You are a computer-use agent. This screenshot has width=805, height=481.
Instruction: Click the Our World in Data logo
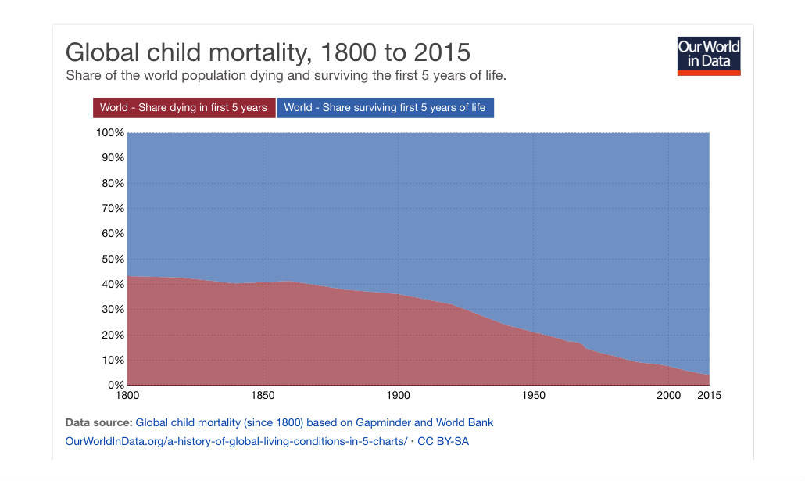pos(709,56)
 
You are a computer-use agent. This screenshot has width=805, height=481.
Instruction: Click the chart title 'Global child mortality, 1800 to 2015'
pos(268,52)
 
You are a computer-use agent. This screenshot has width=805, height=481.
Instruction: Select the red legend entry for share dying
pos(184,108)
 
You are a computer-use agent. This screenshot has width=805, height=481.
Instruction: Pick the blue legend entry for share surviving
pos(385,108)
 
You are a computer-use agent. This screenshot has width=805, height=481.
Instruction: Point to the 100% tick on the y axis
pos(109,133)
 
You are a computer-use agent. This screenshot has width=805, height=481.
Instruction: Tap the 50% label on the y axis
pos(113,259)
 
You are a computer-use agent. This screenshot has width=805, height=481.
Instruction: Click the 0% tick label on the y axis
pos(116,386)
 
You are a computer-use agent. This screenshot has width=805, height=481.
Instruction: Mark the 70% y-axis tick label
pos(113,209)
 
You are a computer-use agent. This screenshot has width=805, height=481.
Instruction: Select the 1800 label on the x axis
pos(127,396)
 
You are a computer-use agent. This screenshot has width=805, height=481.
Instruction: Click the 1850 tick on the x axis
pos(263,396)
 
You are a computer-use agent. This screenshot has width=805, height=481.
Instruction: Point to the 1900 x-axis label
pos(398,396)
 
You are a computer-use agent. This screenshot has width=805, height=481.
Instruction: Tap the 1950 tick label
pos(533,396)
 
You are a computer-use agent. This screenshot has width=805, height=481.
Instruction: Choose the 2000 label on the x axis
pos(668,396)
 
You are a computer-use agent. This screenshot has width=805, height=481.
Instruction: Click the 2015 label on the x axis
pos(709,396)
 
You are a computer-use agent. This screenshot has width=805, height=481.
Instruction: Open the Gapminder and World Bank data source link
pos(314,423)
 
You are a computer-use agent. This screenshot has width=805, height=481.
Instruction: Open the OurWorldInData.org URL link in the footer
pos(237,442)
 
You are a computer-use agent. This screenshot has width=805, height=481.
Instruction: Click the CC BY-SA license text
pos(443,442)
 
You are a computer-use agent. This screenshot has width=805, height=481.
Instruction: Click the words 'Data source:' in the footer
pos(98,423)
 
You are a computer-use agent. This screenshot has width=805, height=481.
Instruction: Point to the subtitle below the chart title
pos(286,77)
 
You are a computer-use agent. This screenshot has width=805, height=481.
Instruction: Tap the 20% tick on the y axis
pos(113,335)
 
